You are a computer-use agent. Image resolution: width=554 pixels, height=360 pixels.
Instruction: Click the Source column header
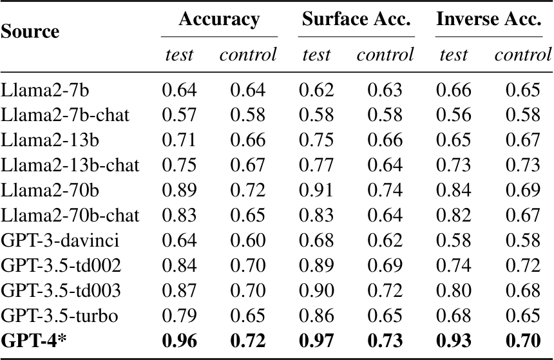point(30,31)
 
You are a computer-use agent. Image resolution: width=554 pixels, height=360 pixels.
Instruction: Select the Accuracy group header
point(219,19)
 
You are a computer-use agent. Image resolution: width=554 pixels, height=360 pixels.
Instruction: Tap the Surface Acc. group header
point(356,19)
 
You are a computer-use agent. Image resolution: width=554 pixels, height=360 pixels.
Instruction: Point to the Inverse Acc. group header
point(488,19)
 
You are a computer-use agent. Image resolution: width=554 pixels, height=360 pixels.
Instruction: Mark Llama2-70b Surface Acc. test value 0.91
point(316,191)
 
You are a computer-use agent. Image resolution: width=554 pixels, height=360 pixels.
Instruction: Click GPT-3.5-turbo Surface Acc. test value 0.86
point(316,316)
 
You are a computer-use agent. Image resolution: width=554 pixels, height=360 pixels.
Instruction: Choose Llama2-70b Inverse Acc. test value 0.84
point(453,191)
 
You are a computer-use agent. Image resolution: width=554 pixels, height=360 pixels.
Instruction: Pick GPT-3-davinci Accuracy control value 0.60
point(248,242)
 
